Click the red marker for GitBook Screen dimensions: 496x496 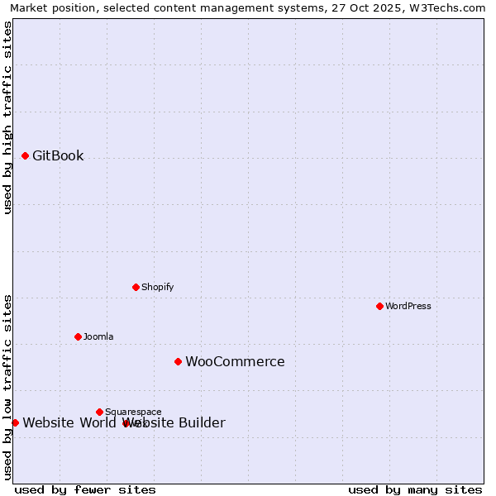point(25,155)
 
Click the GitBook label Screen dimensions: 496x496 point(58,155)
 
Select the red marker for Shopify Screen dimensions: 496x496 point(136,287)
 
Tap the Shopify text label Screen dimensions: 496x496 point(157,287)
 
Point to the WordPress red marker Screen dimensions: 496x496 point(379,306)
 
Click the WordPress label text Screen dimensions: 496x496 point(408,306)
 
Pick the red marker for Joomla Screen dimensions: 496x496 point(78,336)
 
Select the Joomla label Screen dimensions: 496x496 point(98,336)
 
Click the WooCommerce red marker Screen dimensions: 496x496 point(178,361)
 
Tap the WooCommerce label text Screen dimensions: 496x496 point(235,361)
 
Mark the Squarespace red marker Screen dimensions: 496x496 point(99,412)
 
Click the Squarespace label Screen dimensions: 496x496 point(133,412)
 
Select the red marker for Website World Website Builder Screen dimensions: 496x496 point(15,422)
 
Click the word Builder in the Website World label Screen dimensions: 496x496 point(201,423)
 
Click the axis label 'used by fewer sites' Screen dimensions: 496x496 point(85,489)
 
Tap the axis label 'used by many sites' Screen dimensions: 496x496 point(415,489)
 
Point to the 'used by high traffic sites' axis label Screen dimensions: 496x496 point(7,117)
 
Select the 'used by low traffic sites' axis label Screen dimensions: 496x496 point(7,387)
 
